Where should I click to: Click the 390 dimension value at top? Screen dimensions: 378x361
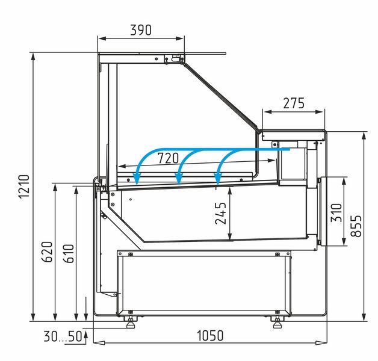click(141, 30)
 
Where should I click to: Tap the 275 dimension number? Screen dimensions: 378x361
click(294, 103)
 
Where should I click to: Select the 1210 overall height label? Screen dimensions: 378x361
click(24, 187)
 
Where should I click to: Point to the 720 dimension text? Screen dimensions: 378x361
click(169, 158)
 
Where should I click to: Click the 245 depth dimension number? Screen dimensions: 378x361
click(220, 213)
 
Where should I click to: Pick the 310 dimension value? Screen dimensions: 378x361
click(336, 212)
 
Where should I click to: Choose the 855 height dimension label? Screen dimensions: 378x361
click(356, 226)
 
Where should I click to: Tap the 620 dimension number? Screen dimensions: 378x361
click(47, 252)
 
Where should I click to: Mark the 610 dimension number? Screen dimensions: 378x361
click(68, 253)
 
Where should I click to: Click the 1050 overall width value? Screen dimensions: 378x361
click(211, 336)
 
